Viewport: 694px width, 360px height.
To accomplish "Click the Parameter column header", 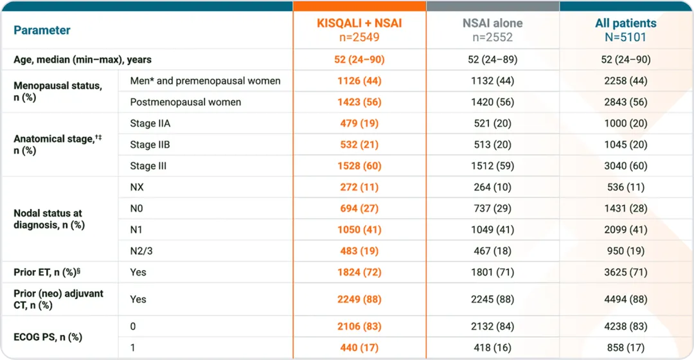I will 42,30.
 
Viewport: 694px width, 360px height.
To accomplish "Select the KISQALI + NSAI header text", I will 359,23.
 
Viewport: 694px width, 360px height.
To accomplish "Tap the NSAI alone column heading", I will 492,23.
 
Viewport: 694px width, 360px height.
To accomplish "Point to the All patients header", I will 625,23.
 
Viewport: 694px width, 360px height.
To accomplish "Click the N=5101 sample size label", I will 625,37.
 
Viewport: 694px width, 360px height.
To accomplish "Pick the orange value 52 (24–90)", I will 359,60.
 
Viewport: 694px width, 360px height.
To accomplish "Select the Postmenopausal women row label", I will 185,102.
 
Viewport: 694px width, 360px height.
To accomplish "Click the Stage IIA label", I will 150,123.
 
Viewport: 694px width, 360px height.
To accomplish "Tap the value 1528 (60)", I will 359,166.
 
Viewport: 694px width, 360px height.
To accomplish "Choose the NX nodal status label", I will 138,187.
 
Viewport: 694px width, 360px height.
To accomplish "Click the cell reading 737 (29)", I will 492,208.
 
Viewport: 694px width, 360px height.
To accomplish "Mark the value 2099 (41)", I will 625,230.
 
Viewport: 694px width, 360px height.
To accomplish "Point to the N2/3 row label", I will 142,251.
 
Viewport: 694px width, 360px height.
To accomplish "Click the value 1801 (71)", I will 492,272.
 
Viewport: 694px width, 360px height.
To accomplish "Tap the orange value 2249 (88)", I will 359,299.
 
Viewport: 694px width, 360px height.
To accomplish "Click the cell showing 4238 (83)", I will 625,326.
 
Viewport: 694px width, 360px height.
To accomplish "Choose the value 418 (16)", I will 492,347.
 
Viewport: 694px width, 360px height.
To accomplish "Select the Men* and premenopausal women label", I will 205,81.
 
